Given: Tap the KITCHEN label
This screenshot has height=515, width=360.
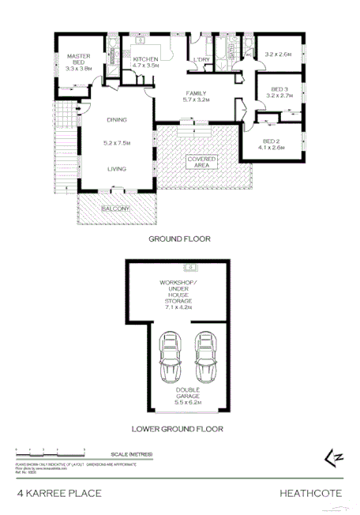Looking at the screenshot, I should click(x=146, y=60).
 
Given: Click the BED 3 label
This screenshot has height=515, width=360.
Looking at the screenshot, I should click(x=280, y=89).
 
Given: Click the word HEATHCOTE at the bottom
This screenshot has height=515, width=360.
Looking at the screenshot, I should click(x=311, y=494).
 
